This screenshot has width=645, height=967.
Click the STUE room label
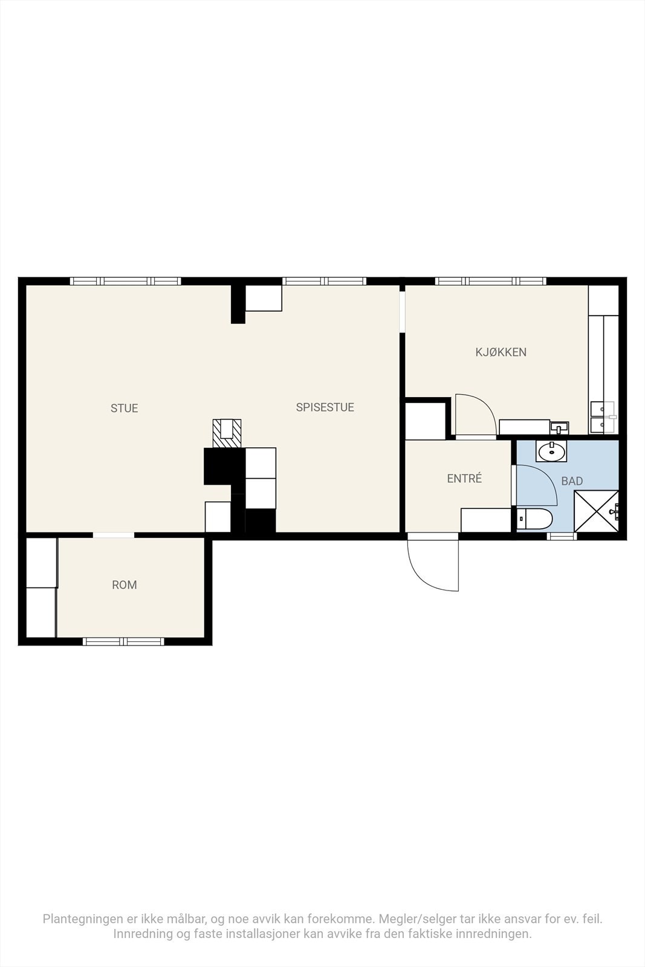click(125, 409)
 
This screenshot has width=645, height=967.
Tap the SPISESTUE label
click(325, 407)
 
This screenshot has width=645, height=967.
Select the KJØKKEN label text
click(501, 352)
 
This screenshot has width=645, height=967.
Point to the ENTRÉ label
click(464, 478)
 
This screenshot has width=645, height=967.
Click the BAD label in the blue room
click(572, 481)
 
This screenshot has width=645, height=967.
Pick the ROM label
click(125, 585)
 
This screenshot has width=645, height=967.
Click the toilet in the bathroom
click(534, 519)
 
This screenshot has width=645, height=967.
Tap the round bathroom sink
click(551, 451)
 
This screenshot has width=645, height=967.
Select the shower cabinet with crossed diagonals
click(596, 511)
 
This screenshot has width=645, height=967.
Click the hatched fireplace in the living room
click(227, 433)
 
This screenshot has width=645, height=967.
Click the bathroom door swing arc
click(545, 479)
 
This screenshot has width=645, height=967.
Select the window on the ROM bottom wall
click(123, 642)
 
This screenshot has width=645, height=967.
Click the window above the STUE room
click(126, 281)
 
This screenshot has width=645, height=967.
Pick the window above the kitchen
click(490, 281)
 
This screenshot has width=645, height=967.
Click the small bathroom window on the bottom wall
click(562, 536)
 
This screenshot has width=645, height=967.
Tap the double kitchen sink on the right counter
click(603, 417)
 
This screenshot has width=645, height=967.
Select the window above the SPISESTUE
click(324, 281)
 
